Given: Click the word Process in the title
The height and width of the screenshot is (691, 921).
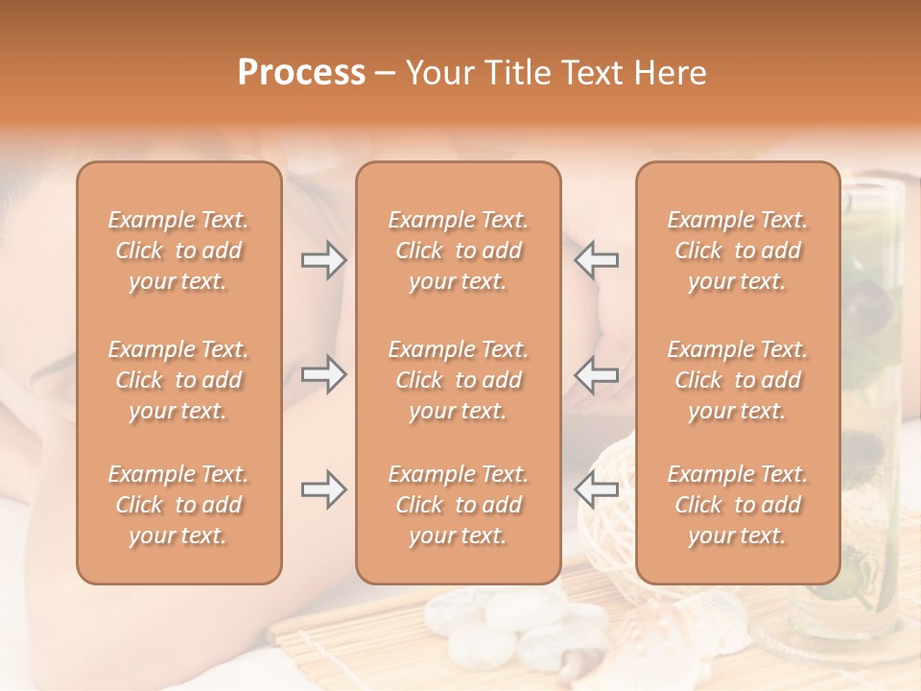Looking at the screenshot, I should (301, 73).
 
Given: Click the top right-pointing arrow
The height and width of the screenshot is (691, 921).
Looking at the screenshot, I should (324, 260).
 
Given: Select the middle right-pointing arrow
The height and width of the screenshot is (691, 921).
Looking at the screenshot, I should (324, 374).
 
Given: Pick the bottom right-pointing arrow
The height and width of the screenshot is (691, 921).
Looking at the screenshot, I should (324, 489).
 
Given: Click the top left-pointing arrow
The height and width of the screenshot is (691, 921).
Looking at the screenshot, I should (596, 260).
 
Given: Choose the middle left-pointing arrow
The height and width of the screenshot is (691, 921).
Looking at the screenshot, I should (596, 374).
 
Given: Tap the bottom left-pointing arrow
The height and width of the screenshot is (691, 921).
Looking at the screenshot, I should (596, 489).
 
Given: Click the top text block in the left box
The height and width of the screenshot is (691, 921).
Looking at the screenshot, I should (178, 250).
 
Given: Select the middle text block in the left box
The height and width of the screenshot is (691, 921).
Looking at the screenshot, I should (178, 380).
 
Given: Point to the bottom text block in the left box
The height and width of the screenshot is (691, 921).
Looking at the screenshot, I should (178, 505).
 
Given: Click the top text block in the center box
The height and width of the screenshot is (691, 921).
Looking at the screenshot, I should (459, 250).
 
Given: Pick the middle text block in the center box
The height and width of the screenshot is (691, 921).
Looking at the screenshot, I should (459, 380).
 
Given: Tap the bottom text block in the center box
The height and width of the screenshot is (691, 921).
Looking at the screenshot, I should (459, 505).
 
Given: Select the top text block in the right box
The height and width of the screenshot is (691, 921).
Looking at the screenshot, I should (738, 250).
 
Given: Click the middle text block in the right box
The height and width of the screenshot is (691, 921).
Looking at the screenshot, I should (738, 380).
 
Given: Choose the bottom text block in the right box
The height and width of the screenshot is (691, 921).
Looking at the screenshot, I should (738, 505).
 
